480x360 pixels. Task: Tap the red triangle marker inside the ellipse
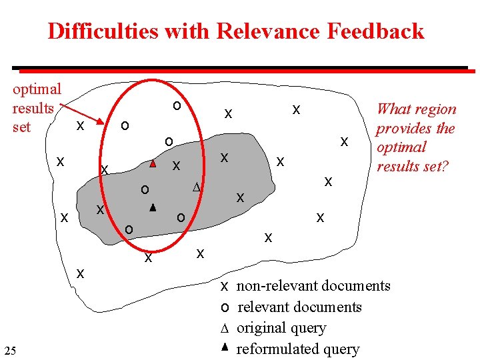[153, 163]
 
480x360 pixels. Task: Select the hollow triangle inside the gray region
[196, 187]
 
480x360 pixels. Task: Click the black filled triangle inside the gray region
[152, 208]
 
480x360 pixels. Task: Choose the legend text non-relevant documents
[313, 286]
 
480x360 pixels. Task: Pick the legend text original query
[281, 328]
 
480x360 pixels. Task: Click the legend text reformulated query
[297, 349]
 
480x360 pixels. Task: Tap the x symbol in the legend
[225, 287]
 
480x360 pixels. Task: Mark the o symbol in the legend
[225, 307]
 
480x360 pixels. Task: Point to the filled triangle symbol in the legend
[225, 347]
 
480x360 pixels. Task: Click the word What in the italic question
[393, 109]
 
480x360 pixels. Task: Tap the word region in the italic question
[435, 109]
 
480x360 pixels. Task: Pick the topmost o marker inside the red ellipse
[176, 105]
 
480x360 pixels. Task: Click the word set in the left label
[21, 127]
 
